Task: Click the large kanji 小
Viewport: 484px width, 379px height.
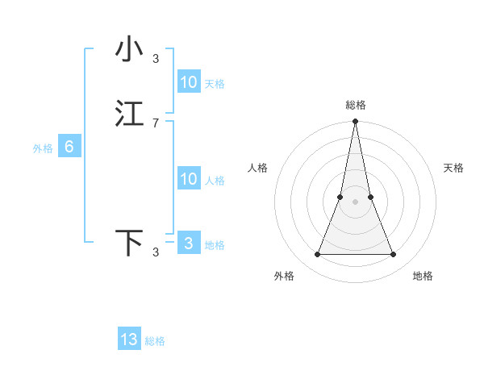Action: point(129,48)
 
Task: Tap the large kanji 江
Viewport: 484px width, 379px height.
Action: point(129,114)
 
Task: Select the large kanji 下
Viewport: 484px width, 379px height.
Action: point(129,242)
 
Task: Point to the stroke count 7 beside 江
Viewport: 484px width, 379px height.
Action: point(156,123)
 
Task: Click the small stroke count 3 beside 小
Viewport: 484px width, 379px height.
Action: point(156,58)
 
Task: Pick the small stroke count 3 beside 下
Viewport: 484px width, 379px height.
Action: point(156,252)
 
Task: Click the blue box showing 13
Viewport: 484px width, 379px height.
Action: point(129,339)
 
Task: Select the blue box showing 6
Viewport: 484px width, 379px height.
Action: point(69,147)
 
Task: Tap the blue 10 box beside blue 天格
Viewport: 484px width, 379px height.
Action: point(189,82)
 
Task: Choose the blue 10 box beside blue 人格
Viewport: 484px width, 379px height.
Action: point(189,179)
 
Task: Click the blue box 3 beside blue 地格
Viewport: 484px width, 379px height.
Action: point(189,244)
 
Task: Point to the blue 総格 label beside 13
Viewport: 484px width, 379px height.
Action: point(155,341)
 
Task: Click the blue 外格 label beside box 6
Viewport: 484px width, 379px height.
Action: point(43,148)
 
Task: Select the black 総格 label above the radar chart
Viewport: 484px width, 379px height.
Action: point(355,105)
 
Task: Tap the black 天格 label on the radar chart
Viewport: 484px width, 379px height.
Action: point(453,168)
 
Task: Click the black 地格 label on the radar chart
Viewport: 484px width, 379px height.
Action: point(423,276)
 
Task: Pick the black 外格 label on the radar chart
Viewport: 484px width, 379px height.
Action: point(284,276)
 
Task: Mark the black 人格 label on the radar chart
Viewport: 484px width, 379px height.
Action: point(258,168)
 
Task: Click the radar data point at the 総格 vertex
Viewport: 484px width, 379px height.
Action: point(355,122)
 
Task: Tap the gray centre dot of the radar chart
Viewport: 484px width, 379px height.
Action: point(355,202)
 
